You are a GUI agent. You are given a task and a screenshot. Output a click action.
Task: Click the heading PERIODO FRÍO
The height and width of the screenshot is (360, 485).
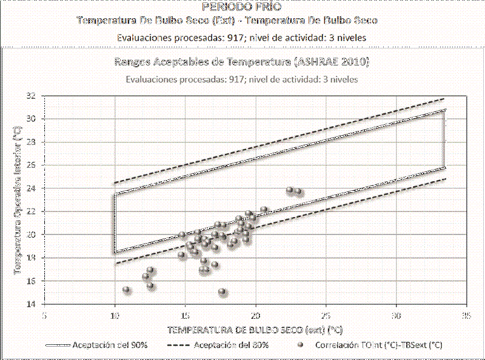[242, 7]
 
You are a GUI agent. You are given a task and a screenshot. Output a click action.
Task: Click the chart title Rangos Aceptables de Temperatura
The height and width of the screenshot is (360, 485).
[242, 62]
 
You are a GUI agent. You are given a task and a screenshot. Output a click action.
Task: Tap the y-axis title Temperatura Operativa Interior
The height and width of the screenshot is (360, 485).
[18, 199]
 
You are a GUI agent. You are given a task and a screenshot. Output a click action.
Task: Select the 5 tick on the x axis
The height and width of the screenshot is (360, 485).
[44, 316]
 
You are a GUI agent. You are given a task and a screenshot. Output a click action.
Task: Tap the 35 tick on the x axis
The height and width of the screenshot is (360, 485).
[466, 316]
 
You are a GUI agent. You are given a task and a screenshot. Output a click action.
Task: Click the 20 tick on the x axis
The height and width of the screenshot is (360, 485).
[255, 316]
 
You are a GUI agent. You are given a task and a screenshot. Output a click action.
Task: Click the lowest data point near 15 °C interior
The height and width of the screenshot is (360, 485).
[222, 292]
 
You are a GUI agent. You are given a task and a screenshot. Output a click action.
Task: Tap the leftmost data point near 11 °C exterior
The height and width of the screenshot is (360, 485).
[126, 290]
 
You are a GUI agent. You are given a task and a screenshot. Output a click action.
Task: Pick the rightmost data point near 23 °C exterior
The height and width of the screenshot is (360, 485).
[298, 192]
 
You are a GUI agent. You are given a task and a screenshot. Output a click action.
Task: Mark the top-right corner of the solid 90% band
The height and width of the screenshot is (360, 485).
[446, 110]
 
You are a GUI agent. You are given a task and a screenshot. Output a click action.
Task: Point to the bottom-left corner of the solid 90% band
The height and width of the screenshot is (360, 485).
[115, 252]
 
